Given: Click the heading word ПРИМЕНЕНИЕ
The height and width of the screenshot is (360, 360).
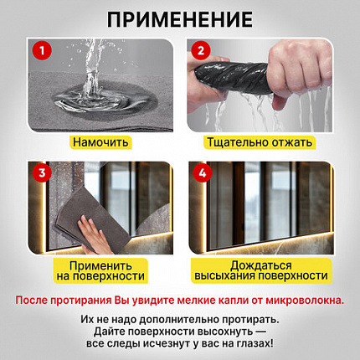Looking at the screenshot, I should (180, 18).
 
